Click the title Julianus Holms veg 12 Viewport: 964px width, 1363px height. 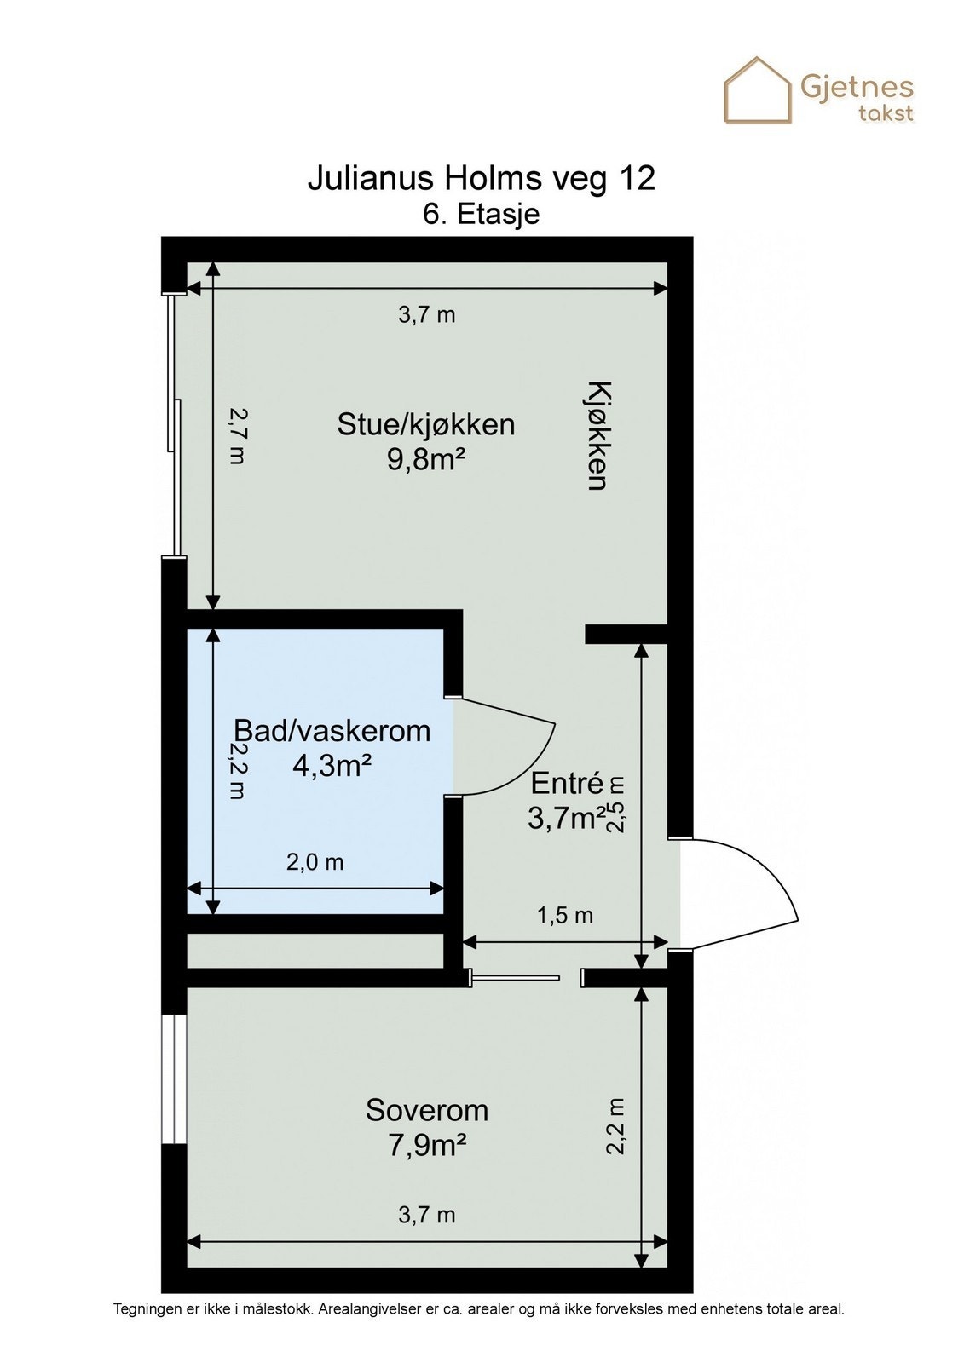pyautogui.click(x=481, y=179)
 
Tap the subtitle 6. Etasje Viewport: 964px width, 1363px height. pyautogui.click(x=481, y=214)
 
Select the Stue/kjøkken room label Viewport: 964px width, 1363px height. pyautogui.click(x=425, y=423)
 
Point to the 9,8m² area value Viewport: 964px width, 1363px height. pyautogui.click(x=425, y=460)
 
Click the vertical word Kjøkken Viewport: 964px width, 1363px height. pyautogui.click(x=597, y=435)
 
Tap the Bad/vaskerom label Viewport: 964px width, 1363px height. pyautogui.click(x=332, y=731)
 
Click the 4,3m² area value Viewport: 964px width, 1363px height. pyautogui.click(x=332, y=767)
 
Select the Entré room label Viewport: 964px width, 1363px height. pyautogui.click(x=567, y=783)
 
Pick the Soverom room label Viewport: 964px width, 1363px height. pyautogui.click(x=426, y=1110)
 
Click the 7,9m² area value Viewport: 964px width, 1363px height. pyautogui.click(x=426, y=1146)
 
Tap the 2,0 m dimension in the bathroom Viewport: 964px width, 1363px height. pyautogui.click(x=315, y=862)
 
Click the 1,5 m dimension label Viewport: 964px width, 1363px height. pyautogui.click(x=564, y=916)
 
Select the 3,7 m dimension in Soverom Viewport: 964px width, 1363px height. pyautogui.click(x=426, y=1215)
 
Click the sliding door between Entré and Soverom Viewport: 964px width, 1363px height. pyautogui.click(x=515, y=978)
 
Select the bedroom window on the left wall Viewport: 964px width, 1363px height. pyautogui.click(x=173, y=1078)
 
